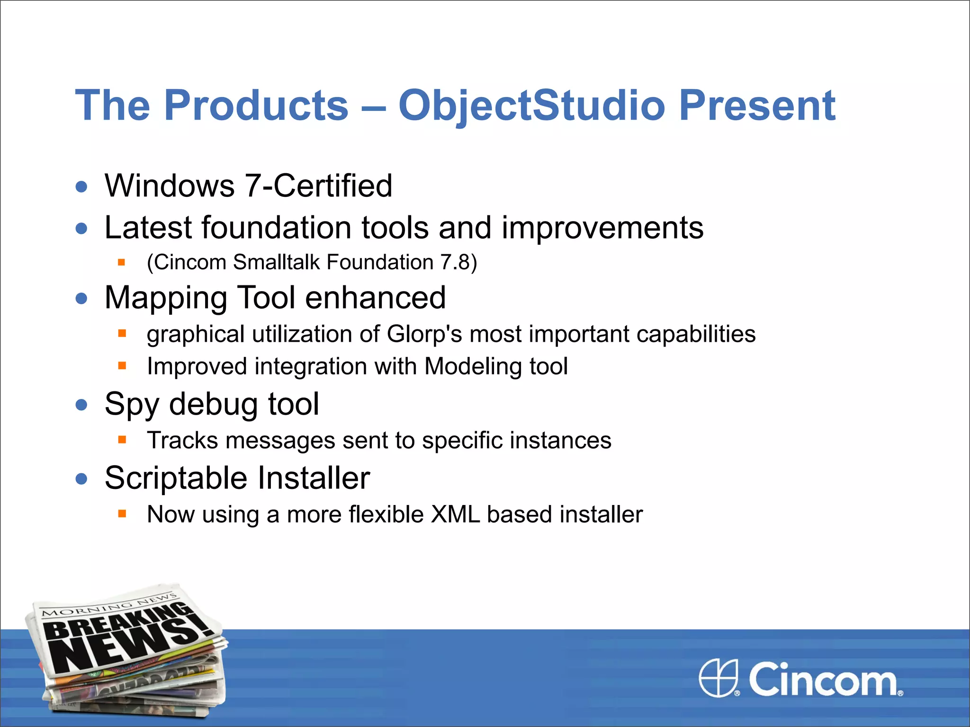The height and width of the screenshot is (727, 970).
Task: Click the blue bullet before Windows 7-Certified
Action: (81, 186)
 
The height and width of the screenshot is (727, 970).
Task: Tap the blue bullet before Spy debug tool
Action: (81, 405)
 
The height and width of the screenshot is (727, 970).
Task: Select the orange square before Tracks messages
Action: (122, 440)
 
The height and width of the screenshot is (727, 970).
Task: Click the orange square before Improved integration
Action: (122, 365)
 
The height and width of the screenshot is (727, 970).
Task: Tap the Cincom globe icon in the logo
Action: (718, 678)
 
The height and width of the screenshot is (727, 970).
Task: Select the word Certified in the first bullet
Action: (333, 186)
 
